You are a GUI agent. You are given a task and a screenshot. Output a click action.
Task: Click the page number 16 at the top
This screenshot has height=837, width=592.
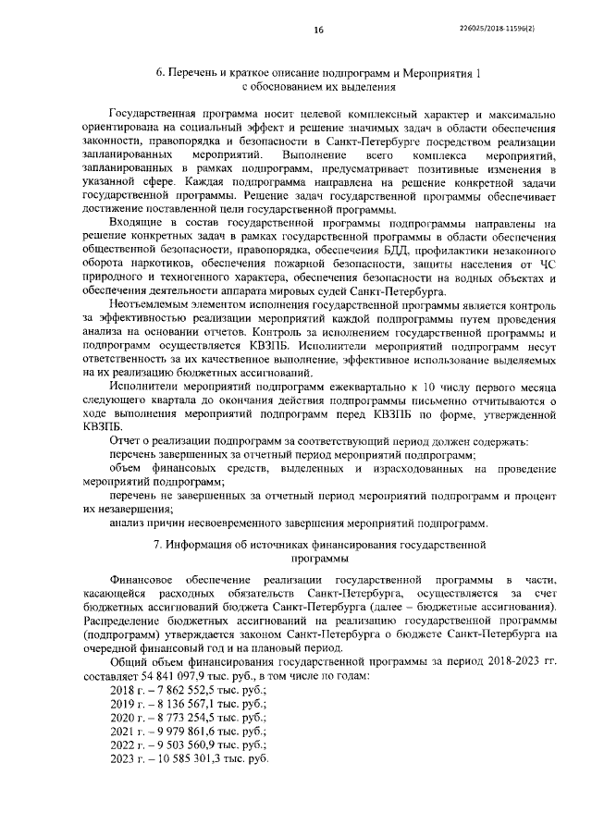click(317, 31)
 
